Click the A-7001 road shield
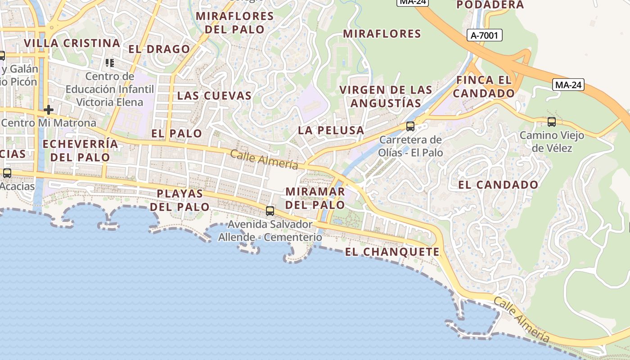(484, 35)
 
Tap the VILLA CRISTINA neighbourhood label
(72, 43)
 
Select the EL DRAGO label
(159, 49)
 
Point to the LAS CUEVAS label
(214, 95)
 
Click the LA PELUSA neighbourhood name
(331, 130)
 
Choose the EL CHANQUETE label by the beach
(392, 252)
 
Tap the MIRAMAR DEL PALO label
(315, 198)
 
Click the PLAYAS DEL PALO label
(180, 200)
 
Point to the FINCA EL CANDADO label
(484, 87)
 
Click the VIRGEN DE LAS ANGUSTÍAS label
(386, 96)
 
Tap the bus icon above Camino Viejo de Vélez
(551, 121)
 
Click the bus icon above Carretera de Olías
(410, 126)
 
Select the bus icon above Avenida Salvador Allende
(270, 211)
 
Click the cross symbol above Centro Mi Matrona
(49, 110)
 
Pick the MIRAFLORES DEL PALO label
(235, 23)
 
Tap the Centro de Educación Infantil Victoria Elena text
(110, 89)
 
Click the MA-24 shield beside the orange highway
(568, 85)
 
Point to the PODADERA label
(490, 5)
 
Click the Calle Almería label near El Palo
(264, 160)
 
